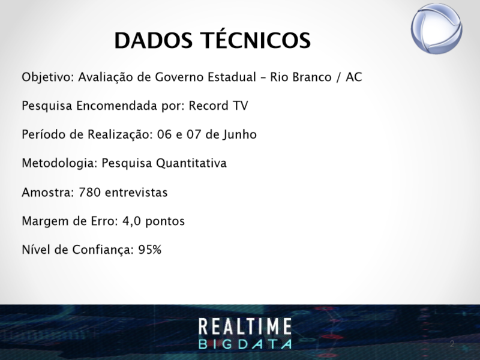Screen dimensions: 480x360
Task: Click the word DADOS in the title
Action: [x=154, y=41]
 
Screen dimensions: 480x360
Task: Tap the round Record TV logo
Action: [x=437, y=29]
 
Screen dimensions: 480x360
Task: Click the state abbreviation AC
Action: [x=354, y=77]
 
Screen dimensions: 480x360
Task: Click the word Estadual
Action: [x=232, y=77]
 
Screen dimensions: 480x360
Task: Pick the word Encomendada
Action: [x=117, y=106]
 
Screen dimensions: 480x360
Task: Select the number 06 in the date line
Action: [x=164, y=134]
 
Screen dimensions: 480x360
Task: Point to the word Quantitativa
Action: [x=191, y=163]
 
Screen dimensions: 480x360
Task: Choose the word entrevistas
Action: [x=136, y=193]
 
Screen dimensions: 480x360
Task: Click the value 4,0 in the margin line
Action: [x=131, y=221]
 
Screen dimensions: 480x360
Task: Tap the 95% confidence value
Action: [x=149, y=250]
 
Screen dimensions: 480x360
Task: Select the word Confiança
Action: [x=103, y=250]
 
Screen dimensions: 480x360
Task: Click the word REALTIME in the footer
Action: [x=245, y=326]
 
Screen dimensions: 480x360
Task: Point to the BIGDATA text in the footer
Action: [x=245, y=344]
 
